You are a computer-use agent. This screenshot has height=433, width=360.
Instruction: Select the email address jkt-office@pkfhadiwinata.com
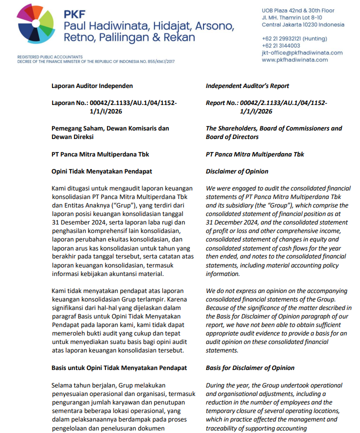pos(302,52)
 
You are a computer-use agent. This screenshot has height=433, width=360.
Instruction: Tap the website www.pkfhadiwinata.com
pos(294,59)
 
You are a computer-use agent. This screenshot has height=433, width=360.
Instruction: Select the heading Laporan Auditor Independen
pos(92,86)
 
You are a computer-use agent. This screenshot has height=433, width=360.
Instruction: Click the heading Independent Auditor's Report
pos(247,86)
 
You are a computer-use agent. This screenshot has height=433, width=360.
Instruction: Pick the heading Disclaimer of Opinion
pos(237,171)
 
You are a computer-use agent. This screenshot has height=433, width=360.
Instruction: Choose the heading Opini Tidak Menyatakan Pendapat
pos(101,171)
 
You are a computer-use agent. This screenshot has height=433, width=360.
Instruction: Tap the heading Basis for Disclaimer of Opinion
pos(250,368)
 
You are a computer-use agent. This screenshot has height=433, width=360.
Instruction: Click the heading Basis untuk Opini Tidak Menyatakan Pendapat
pos(119,368)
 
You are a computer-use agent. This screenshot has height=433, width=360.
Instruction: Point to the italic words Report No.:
pos(221,103)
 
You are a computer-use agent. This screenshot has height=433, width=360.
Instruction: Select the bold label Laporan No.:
pos(69,103)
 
